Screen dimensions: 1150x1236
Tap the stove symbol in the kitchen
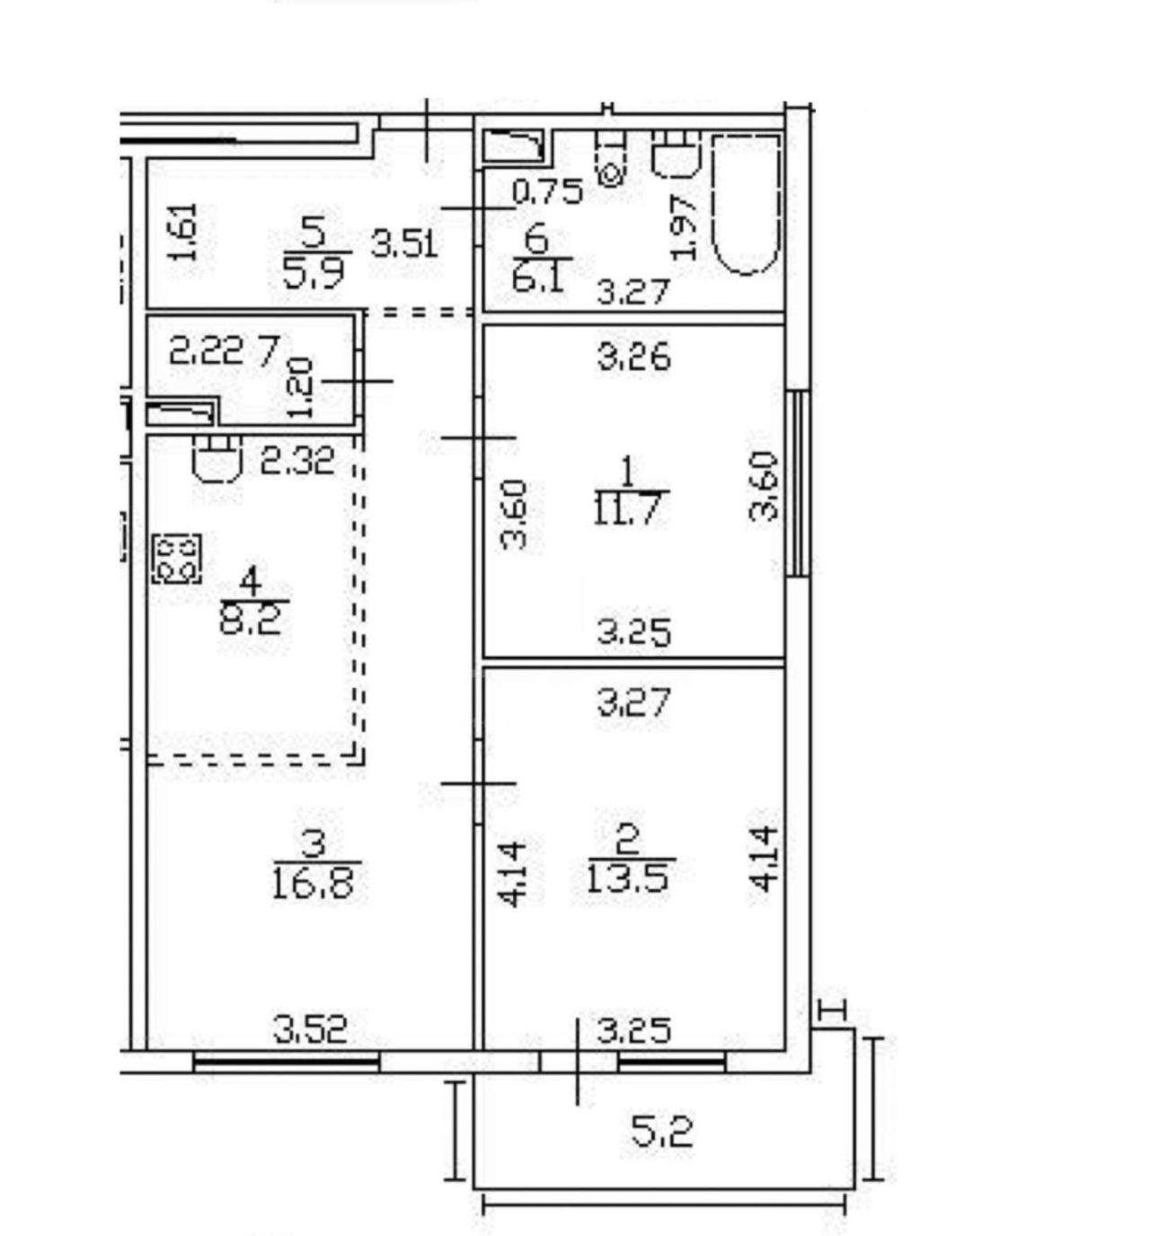tap(178, 558)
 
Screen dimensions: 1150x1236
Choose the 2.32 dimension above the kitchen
tap(298, 462)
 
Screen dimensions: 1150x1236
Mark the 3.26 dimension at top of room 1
tap(633, 358)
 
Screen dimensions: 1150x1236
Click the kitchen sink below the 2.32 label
tap(216, 458)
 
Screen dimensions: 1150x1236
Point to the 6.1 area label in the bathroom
tap(538, 277)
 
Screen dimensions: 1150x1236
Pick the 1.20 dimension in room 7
tap(302, 388)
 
